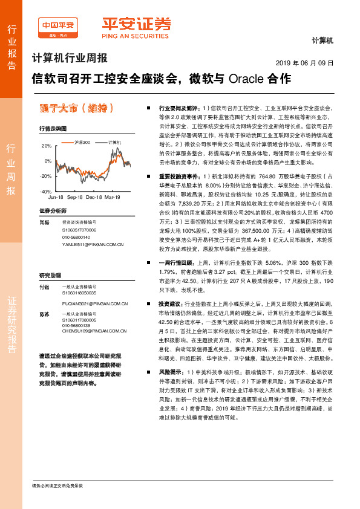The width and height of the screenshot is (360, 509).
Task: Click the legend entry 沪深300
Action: click(x=82, y=141)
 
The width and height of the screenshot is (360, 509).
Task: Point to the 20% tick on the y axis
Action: click(x=47, y=146)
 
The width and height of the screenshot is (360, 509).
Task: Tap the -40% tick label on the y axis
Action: click(x=45, y=191)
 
